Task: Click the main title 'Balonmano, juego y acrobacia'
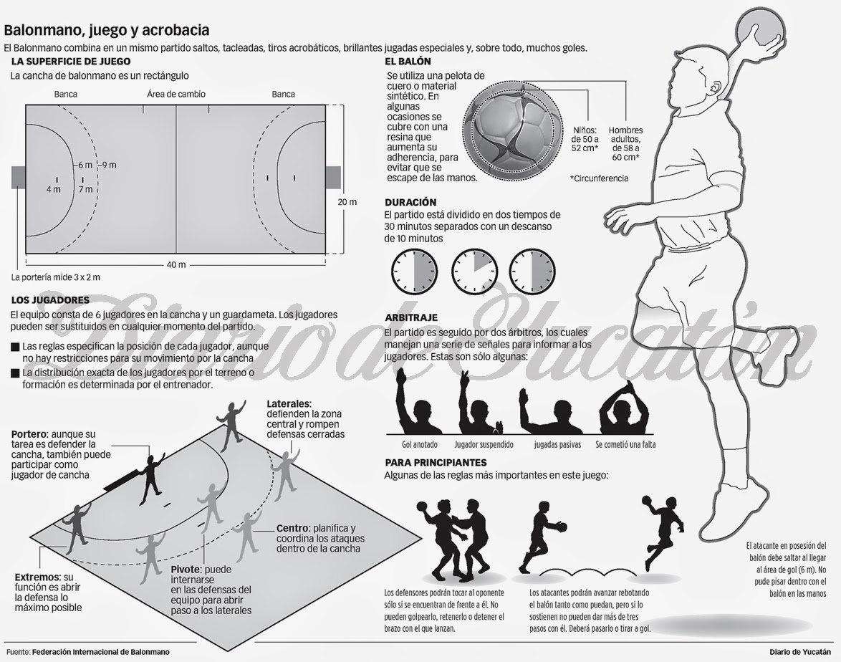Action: [107, 31]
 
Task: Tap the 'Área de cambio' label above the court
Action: [176, 94]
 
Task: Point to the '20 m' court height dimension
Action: [347, 202]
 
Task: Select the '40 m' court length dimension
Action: [176, 264]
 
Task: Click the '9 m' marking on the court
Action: [109, 165]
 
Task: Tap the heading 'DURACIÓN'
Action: [410, 203]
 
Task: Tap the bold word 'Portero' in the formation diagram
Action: [29, 434]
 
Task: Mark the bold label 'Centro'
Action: [293, 528]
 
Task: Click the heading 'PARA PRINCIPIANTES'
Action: [436, 463]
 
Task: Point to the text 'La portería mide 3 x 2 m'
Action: [56, 277]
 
